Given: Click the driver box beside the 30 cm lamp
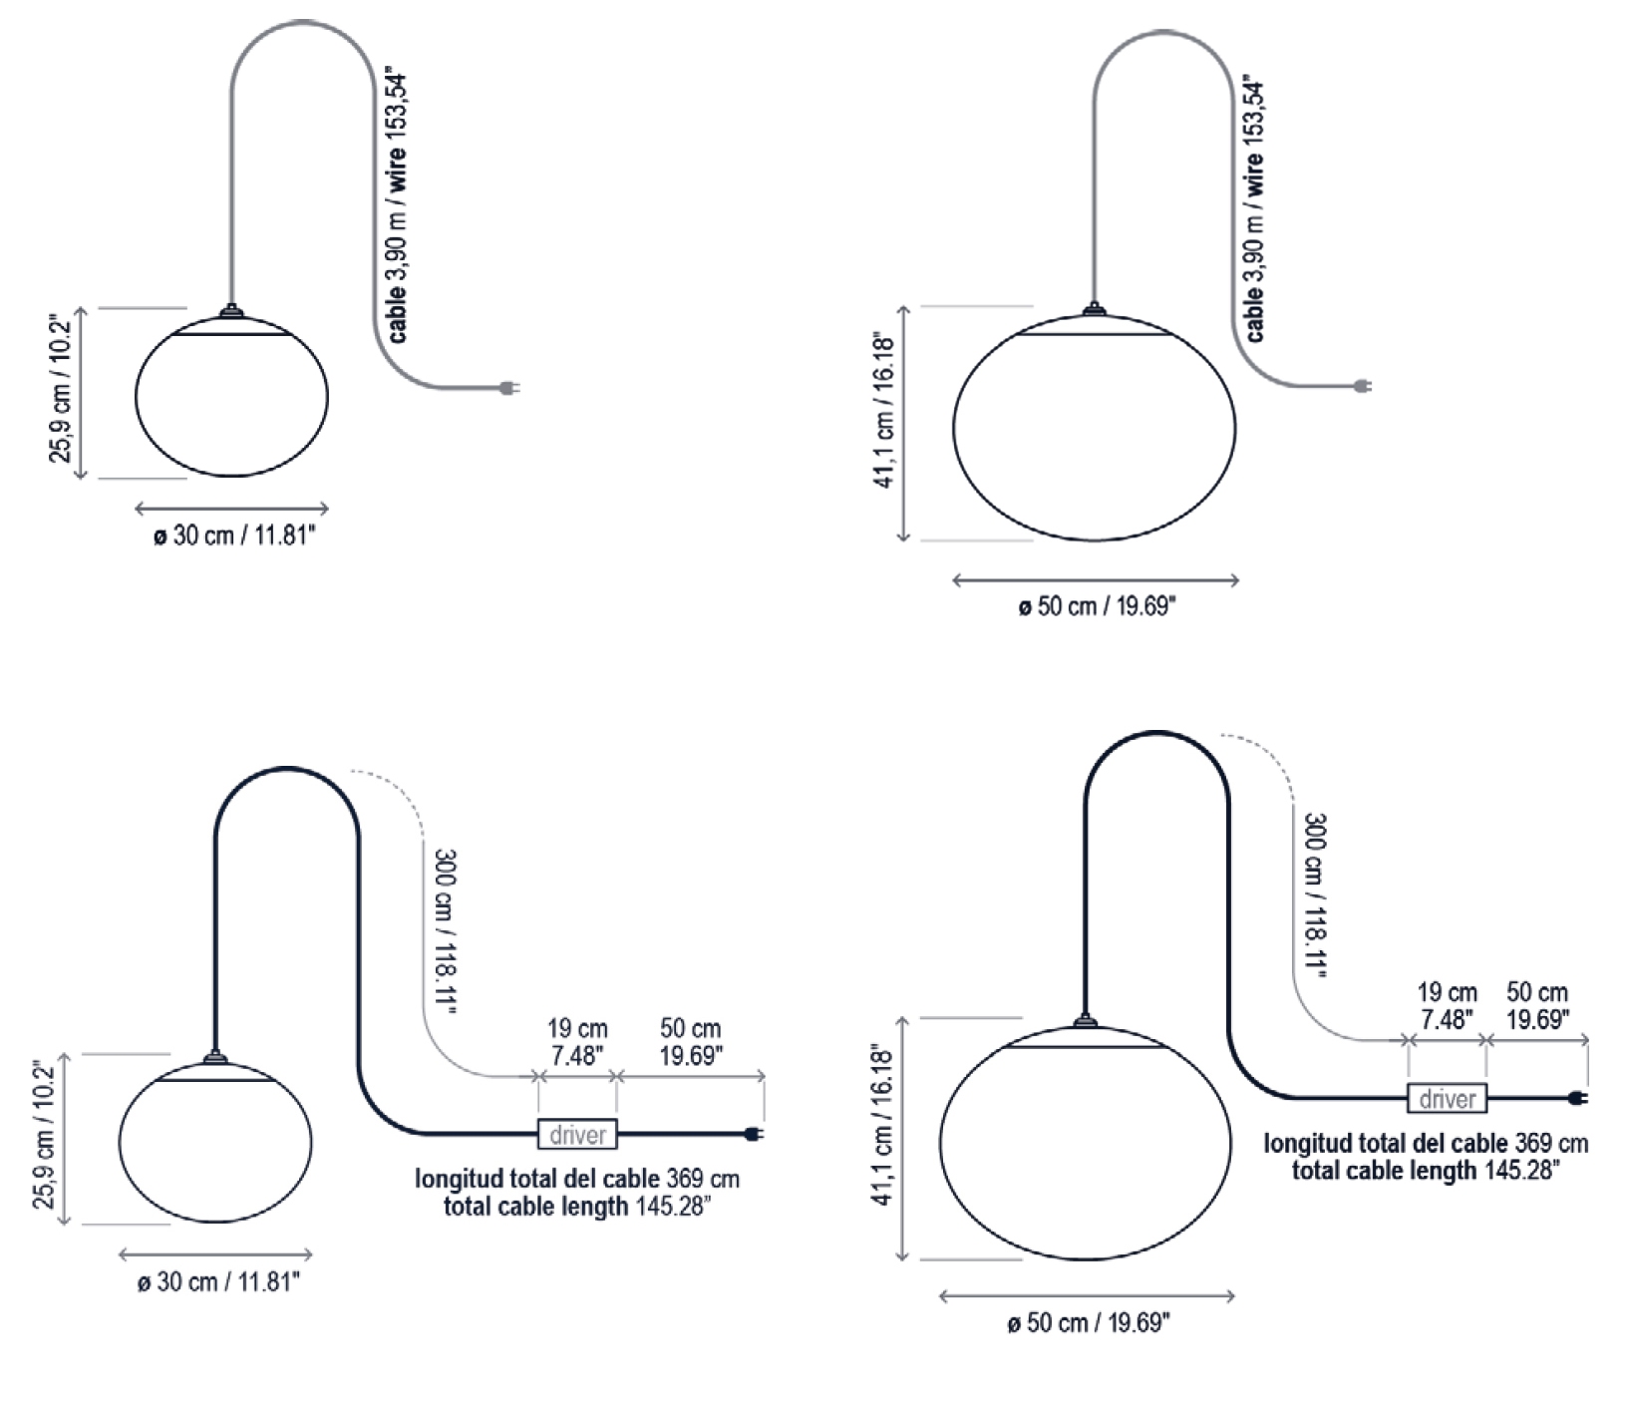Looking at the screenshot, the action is tap(577, 1134).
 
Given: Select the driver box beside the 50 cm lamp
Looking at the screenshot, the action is tap(1447, 1098).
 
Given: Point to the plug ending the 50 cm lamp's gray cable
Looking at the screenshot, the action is tap(1362, 386).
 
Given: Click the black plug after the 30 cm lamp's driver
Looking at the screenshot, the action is tap(755, 1133).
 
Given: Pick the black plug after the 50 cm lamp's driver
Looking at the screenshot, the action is tap(1576, 1098).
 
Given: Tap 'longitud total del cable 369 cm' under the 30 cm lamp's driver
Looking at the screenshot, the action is tap(577, 1179).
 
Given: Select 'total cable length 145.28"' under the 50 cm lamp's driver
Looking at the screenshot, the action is tap(1426, 1170).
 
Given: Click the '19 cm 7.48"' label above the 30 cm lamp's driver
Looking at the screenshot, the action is tap(577, 1042).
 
